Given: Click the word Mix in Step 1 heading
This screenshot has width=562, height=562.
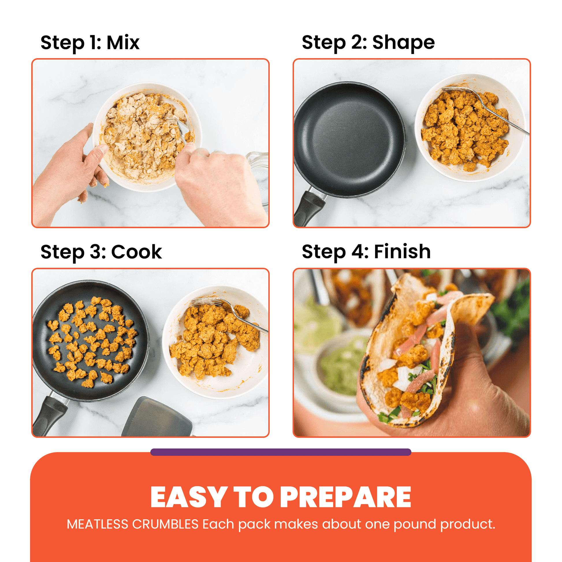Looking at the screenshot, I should click(123, 43).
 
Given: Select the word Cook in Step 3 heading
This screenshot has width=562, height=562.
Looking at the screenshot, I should click(136, 252).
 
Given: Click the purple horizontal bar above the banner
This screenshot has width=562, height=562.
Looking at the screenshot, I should click(281, 452).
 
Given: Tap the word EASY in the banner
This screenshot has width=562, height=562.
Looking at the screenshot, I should click(189, 498).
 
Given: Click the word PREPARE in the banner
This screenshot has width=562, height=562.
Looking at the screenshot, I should click(346, 498).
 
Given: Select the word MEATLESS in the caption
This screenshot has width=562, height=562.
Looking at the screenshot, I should click(97, 524).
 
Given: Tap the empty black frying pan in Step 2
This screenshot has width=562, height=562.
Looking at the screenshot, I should click(349, 139).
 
